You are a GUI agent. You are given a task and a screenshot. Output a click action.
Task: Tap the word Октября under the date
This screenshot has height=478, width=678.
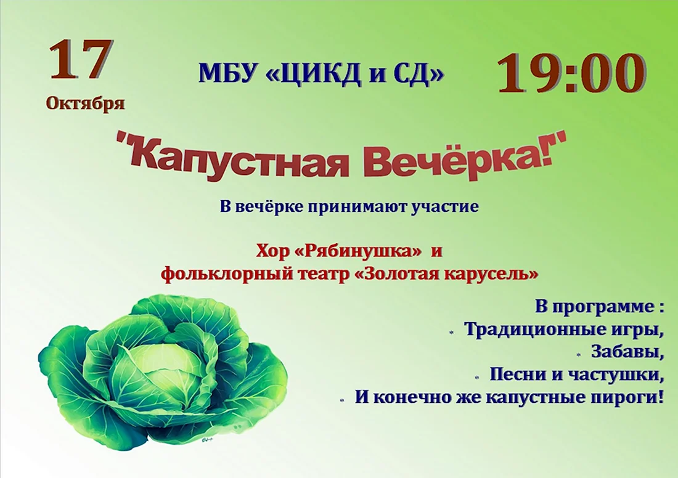86,103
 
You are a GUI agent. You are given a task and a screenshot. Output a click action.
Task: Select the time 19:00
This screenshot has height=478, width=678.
572,74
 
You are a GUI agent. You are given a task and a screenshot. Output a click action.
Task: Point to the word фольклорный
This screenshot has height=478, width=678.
218,274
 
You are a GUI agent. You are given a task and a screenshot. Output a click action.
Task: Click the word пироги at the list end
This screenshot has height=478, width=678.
629,397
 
